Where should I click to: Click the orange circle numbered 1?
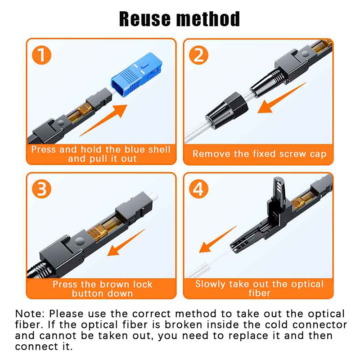coord(41,55)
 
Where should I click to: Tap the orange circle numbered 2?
coord(198,55)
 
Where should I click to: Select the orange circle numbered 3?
coord(41,189)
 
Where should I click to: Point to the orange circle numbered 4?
coord(198,189)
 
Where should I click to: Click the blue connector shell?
coord(136,75)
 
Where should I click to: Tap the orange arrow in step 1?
coord(104,120)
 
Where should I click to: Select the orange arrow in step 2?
coord(282,98)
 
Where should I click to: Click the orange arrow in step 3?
coord(126,243)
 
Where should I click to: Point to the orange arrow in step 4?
coord(217,239)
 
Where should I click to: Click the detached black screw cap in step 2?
coord(227,110)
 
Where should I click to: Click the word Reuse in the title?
coord(145,19)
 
